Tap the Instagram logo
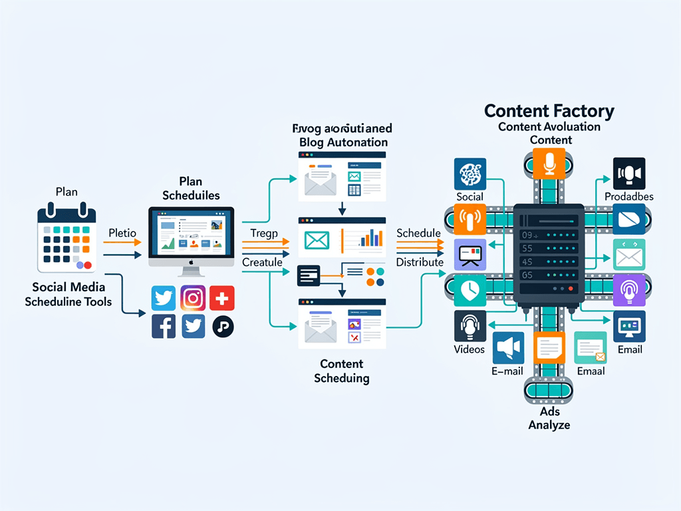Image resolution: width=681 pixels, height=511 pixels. point(194,297)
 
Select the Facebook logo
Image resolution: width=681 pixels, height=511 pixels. point(164,326)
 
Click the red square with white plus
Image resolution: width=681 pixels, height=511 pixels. point(222,297)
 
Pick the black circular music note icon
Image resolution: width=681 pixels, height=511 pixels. point(223,326)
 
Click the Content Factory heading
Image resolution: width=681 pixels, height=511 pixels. point(549,110)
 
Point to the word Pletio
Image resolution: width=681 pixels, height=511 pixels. point(122,233)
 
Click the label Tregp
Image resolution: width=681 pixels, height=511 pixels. point(264,233)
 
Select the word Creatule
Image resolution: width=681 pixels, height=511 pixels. point(262,262)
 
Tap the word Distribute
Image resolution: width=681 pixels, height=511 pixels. point(420,261)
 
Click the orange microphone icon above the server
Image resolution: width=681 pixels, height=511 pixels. point(549,164)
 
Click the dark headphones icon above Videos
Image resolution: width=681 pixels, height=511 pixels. point(471,326)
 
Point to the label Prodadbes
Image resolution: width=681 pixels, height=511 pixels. point(628,196)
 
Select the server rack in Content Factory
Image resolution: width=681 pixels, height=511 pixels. point(549,256)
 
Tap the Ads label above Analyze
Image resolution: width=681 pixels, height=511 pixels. point(549,412)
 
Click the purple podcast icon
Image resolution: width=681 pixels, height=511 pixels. point(628,289)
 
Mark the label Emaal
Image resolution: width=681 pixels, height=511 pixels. point(591,371)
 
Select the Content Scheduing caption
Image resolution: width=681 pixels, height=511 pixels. point(341,371)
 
